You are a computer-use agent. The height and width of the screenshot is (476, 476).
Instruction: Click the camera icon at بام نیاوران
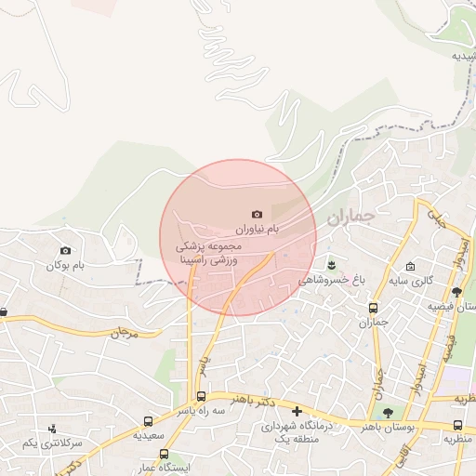(258, 214)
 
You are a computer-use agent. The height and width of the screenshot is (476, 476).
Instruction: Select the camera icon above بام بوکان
(65, 250)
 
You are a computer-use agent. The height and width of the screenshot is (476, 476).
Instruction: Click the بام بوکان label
(66, 266)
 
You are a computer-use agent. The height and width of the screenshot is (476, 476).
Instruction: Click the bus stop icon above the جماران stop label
(374, 309)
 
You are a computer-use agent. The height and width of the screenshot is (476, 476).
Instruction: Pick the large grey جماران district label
(349, 219)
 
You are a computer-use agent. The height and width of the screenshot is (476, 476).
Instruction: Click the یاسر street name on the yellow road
(207, 363)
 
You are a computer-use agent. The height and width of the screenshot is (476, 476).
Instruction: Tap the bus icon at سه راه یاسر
(202, 397)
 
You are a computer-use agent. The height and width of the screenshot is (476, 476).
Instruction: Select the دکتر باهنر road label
(257, 401)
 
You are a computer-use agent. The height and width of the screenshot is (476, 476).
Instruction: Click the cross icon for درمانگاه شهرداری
(297, 411)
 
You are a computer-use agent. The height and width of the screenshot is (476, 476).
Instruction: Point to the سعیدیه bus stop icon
(149, 421)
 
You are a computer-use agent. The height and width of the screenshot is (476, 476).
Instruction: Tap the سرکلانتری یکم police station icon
(52, 429)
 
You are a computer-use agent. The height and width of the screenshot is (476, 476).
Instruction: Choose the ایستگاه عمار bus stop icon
(165, 455)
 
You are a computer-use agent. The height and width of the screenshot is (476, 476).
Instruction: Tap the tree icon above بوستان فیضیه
(456, 293)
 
